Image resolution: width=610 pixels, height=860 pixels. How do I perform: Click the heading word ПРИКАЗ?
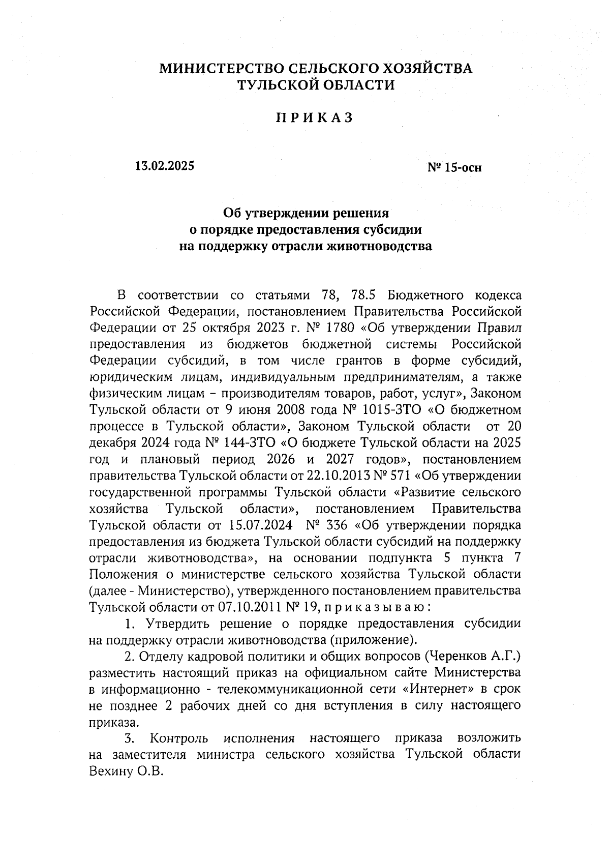(314, 118)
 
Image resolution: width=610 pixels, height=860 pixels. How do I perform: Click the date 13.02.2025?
(165, 166)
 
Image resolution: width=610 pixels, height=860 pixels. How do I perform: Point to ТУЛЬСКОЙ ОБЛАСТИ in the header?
(317, 85)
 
